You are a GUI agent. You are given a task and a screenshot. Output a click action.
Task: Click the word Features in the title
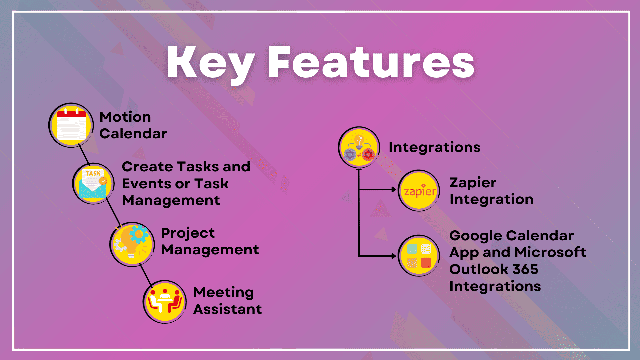click(371, 63)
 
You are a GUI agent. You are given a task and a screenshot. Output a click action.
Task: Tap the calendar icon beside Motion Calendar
click(71, 125)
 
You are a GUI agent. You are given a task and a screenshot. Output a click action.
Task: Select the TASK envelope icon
click(93, 183)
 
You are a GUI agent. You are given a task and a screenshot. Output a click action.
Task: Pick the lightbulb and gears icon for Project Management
click(132, 244)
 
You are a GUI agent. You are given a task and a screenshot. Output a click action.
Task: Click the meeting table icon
click(164, 302)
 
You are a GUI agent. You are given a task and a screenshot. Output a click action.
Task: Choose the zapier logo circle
click(419, 191)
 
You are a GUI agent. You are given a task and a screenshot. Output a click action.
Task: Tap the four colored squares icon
click(419, 256)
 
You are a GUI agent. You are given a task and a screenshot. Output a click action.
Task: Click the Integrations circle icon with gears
click(359, 147)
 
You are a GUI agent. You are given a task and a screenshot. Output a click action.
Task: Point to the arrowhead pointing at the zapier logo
click(394, 190)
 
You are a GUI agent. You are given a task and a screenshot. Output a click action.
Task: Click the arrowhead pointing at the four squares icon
click(394, 256)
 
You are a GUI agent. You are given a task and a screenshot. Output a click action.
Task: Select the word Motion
click(125, 117)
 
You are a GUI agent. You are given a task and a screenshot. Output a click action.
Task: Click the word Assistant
click(228, 309)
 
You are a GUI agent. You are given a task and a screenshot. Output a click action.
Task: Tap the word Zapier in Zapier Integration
click(473, 183)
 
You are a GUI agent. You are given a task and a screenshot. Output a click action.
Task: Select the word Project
click(188, 233)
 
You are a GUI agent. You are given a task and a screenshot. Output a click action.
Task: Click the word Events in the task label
click(147, 184)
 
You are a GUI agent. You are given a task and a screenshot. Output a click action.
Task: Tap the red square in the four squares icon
click(426, 263)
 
